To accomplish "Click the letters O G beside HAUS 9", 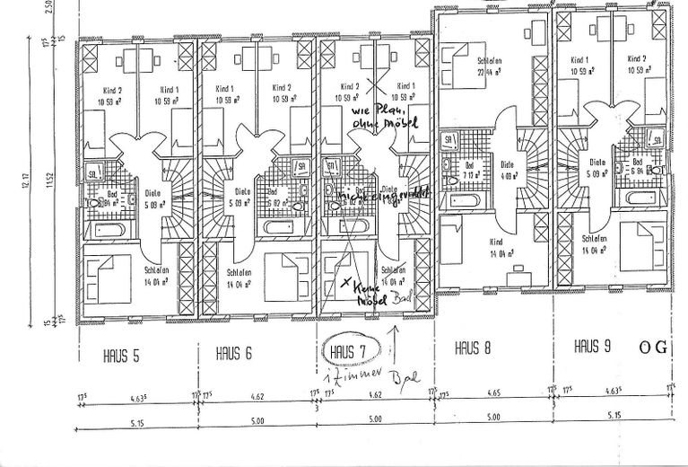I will coord(653,347).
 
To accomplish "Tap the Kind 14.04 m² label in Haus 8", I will coord(495,247).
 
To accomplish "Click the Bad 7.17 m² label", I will coord(470,170).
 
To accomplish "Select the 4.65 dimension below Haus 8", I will coord(492,393).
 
